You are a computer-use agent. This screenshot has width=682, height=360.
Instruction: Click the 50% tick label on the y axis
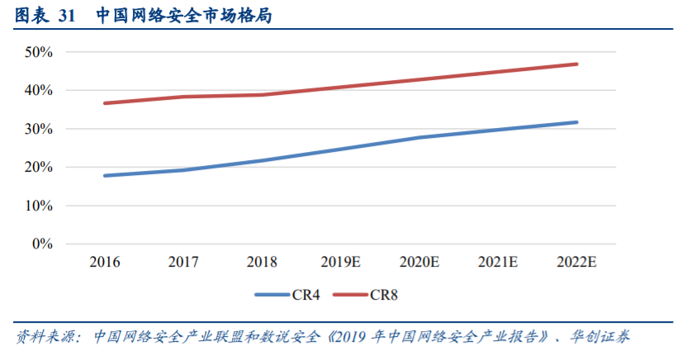click(x=39, y=52)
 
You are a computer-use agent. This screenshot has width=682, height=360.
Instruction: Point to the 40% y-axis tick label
click(x=39, y=90)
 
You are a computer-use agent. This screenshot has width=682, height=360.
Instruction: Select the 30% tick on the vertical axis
click(x=39, y=129)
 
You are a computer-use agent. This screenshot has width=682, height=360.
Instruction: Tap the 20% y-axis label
click(x=39, y=168)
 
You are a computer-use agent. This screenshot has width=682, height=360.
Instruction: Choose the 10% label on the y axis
click(x=39, y=206)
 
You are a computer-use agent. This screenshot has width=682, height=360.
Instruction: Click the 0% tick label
click(x=42, y=244)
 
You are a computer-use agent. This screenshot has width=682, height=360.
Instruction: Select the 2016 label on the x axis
click(x=105, y=263)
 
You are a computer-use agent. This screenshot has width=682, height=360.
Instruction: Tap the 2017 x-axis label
click(x=183, y=263)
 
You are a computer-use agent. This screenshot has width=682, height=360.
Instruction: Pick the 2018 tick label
click(x=262, y=263)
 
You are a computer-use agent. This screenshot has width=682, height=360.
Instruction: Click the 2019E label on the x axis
click(x=340, y=263)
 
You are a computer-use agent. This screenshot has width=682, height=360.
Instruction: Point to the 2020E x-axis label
click(x=419, y=263)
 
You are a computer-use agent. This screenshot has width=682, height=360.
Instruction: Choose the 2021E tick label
click(x=498, y=263)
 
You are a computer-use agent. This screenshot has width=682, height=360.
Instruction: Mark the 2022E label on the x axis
click(x=576, y=263)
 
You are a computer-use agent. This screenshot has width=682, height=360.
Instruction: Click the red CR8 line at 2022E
click(x=576, y=64)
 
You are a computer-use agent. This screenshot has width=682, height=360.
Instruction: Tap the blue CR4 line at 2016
click(x=105, y=176)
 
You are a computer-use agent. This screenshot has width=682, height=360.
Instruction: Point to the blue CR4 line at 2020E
click(x=419, y=137)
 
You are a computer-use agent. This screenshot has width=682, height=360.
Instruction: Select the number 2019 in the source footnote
click(x=350, y=337)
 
